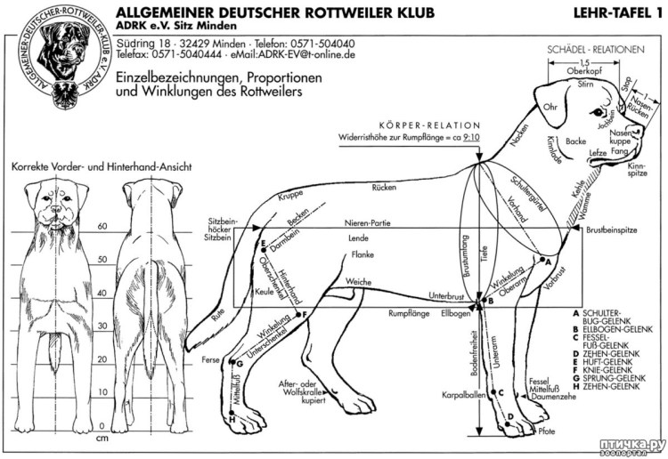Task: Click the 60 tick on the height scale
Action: [102, 227]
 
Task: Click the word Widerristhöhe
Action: [368, 139]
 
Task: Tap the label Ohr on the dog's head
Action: [550, 108]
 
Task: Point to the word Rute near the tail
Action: [218, 315]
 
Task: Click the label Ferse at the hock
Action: [211, 359]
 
